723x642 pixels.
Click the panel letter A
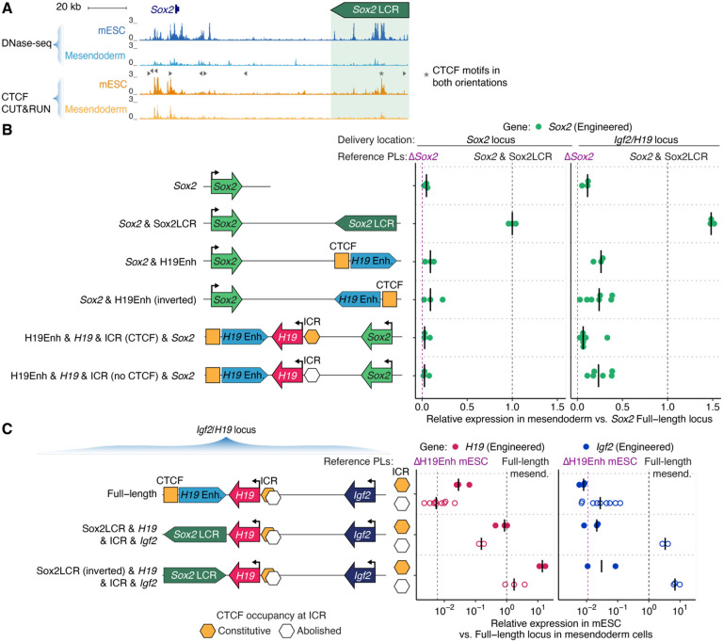coord(8,8)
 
